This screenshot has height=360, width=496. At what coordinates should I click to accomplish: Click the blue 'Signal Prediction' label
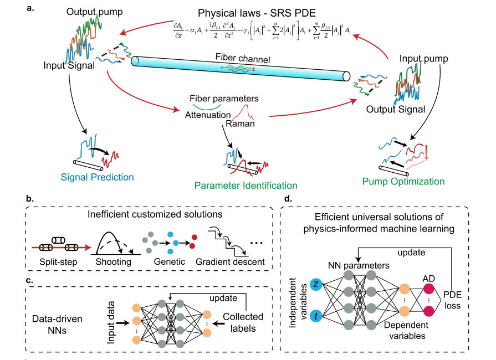(x=105, y=177)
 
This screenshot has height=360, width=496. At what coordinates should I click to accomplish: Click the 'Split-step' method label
(x=58, y=261)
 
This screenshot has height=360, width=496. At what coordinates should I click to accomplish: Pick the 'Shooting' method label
(x=114, y=261)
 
